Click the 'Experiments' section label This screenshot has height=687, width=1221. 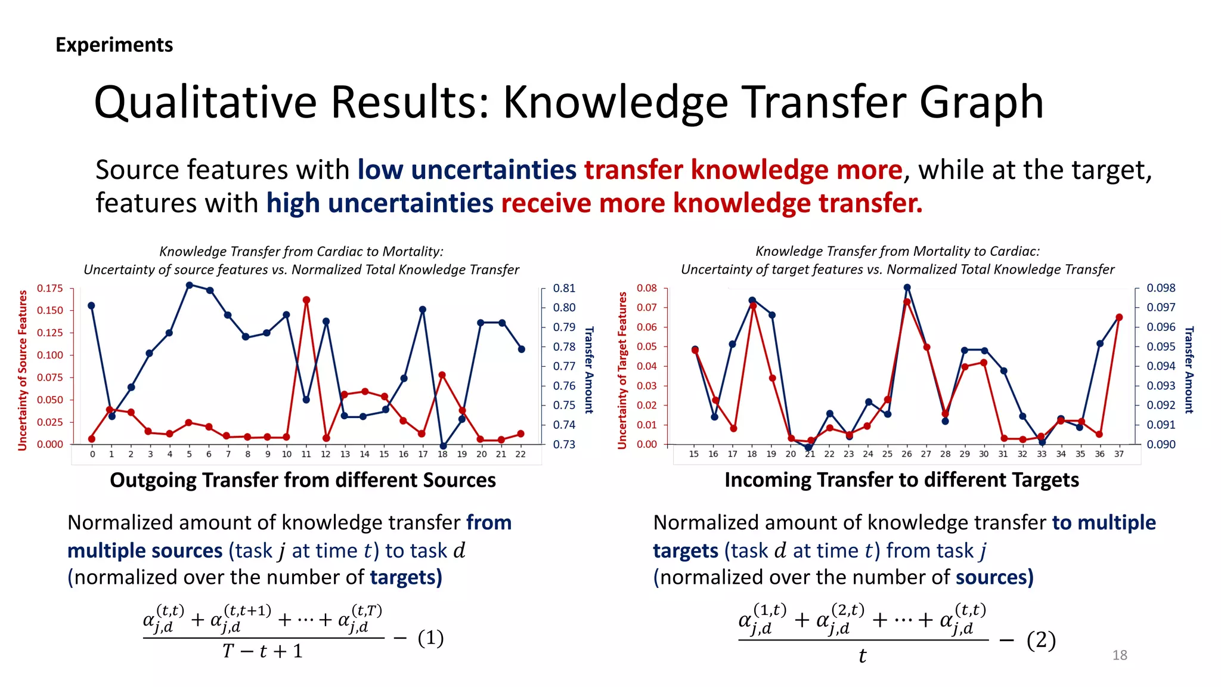(114, 45)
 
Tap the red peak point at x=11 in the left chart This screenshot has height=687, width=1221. (306, 300)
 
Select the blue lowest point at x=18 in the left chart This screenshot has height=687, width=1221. (443, 446)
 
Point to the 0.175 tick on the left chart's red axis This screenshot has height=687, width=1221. (50, 289)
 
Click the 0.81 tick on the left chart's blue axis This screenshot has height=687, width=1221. (564, 289)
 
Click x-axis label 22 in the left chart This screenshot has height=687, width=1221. (520, 454)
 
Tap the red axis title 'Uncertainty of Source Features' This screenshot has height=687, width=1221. (23, 370)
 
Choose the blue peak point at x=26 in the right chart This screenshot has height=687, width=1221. (907, 287)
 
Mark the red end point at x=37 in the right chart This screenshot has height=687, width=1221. (1119, 317)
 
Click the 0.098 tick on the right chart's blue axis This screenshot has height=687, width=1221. (1161, 288)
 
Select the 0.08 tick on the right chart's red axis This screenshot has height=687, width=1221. (646, 288)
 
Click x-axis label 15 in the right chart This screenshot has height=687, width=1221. (694, 454)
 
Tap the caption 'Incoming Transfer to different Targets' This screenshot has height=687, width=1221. (901, 480)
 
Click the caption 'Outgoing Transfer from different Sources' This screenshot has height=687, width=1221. (303, 480)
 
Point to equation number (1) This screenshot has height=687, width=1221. (430, 638)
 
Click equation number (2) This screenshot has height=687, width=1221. (1041, 640)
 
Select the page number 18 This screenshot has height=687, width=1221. (1120, 655)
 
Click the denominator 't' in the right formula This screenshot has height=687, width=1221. (862, 657)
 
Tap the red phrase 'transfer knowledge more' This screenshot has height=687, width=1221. (743, 170)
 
